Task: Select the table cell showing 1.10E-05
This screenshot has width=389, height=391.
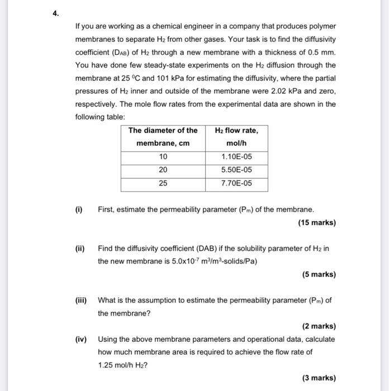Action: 236,157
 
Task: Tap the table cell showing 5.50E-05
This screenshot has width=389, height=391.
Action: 236,170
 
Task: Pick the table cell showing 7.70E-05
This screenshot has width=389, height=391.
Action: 236,183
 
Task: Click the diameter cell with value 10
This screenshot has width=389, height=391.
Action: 163,157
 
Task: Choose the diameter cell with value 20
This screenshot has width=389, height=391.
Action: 163,170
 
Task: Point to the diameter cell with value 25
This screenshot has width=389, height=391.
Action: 163,183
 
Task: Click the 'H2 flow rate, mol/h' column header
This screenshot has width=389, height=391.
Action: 236,137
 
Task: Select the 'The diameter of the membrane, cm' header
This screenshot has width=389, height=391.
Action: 163,137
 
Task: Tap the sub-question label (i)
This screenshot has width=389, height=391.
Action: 79,210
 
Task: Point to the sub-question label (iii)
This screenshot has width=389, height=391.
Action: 82,300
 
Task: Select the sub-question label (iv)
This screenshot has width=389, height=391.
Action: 82,339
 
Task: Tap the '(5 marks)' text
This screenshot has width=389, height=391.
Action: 319,274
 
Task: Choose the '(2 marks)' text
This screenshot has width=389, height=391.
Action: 319,326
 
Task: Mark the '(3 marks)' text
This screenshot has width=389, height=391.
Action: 319,378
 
